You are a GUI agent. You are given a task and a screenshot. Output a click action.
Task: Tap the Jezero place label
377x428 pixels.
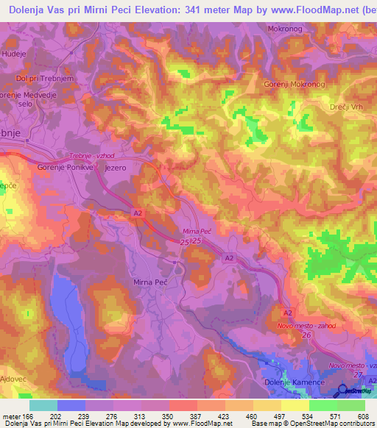(116, 168)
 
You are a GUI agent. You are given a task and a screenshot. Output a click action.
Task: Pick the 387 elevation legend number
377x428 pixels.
(197, 416)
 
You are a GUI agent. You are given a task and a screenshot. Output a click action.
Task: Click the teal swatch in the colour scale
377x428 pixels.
(43, 404)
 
